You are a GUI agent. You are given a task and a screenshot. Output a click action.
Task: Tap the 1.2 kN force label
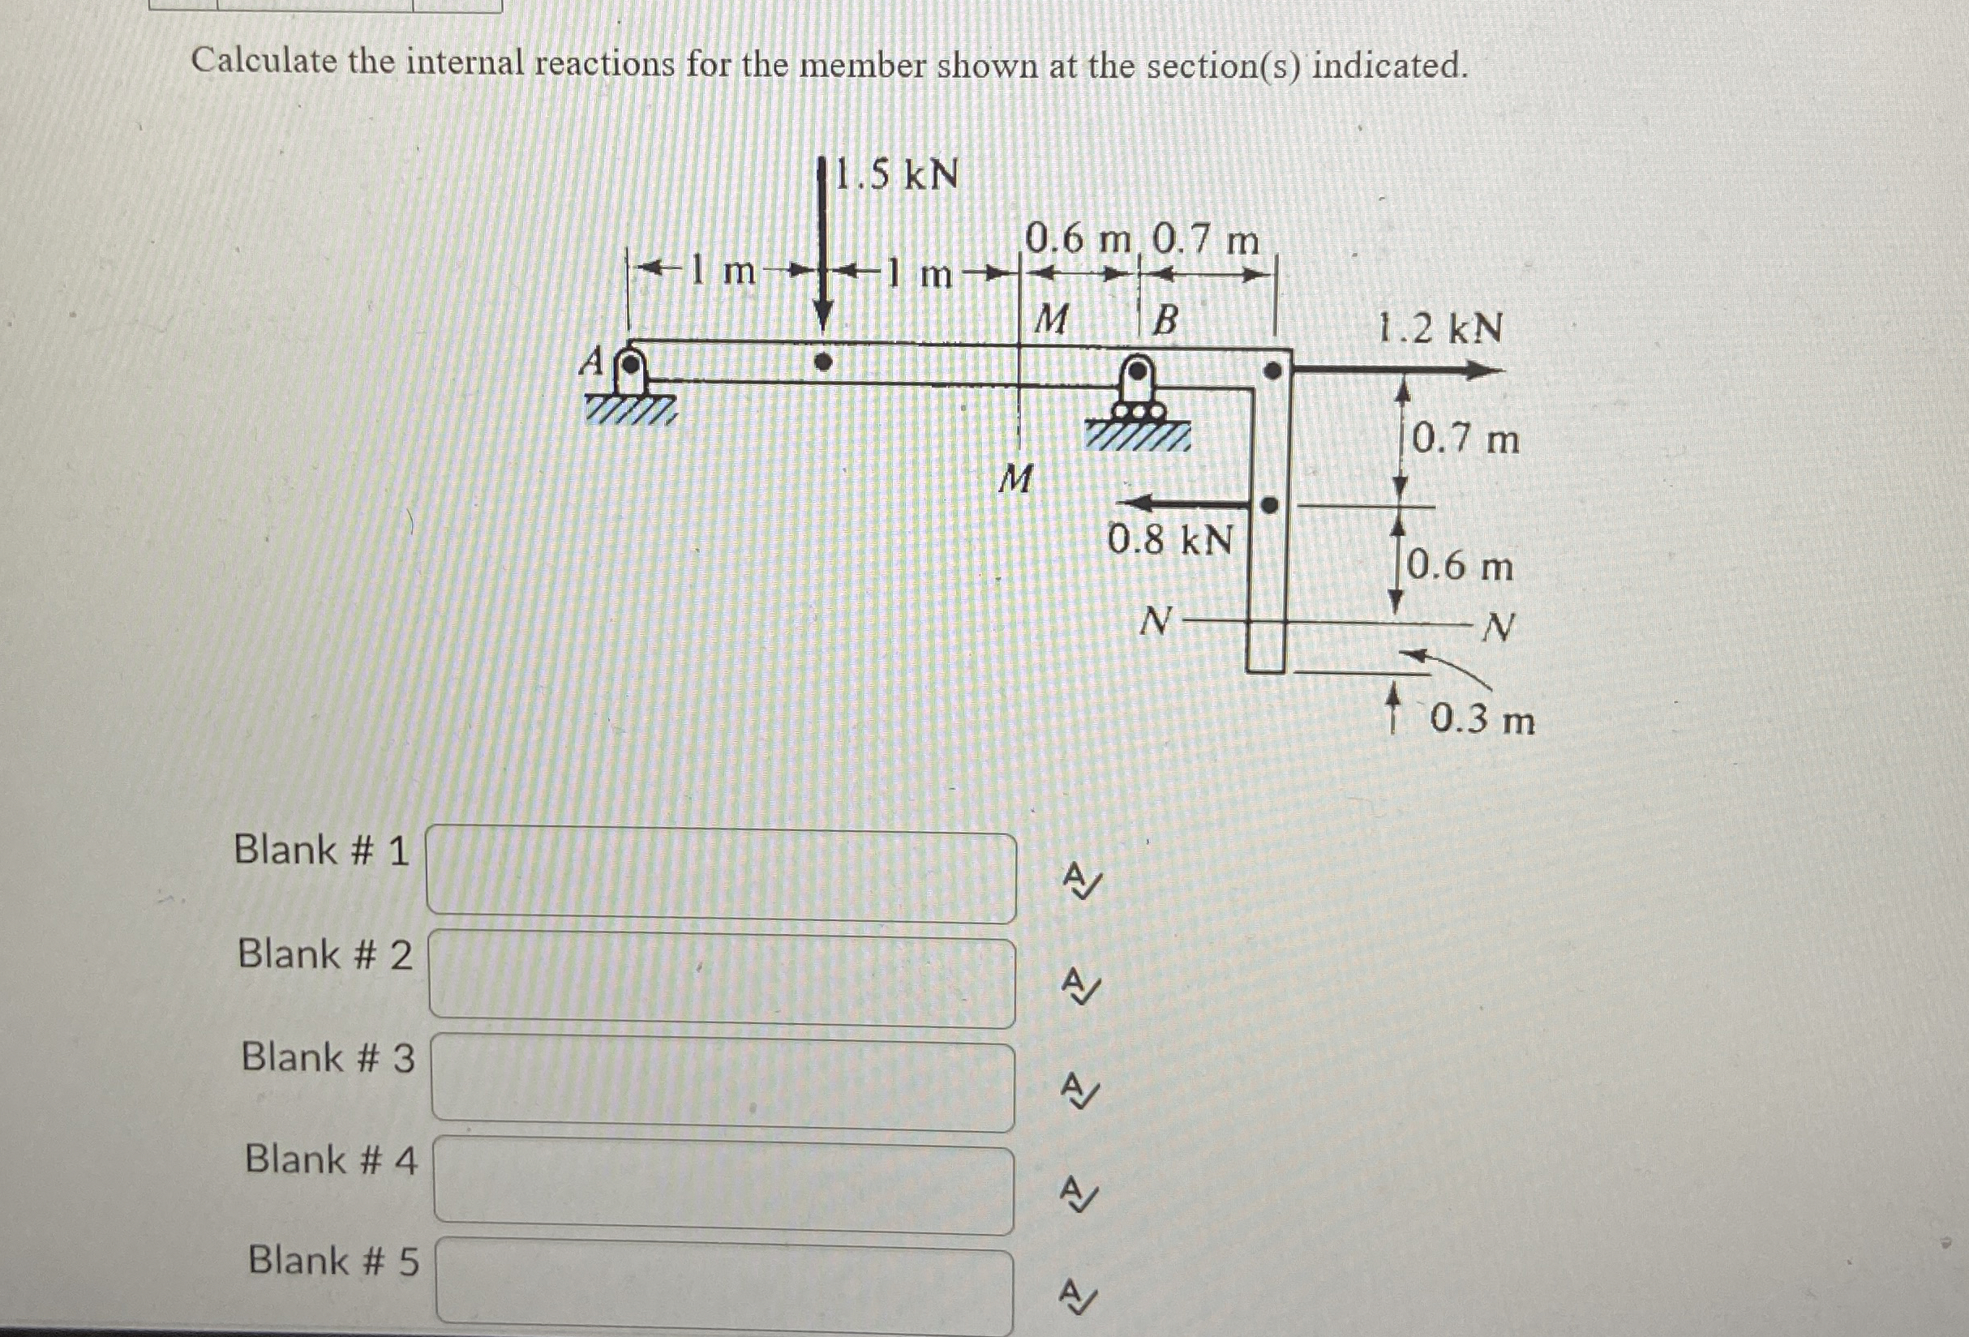pyautogui.click(x=1439, y=328)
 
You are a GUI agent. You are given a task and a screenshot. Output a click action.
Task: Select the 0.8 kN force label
pyautogui.click(x=1170, y=539)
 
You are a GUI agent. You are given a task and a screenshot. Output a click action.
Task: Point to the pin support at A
pyautogui.click(x=629, y=372)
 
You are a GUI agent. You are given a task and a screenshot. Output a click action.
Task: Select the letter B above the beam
pyautogui.click(x=1166, y=321)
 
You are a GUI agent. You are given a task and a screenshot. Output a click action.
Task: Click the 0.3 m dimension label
pyautogui.click(x=1482, y=720)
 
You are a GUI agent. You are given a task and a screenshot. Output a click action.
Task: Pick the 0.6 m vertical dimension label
pyautogui.click(x=1460, y=566)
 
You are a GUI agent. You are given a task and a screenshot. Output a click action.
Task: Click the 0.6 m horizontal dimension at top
pyautogui.click(x=1077, y=241)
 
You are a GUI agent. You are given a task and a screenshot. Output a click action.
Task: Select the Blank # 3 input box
pyautogui.click(x=723, y=1086)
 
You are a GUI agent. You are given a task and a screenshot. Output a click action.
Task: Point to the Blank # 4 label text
pyautogui.click(x=330, y=1159)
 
